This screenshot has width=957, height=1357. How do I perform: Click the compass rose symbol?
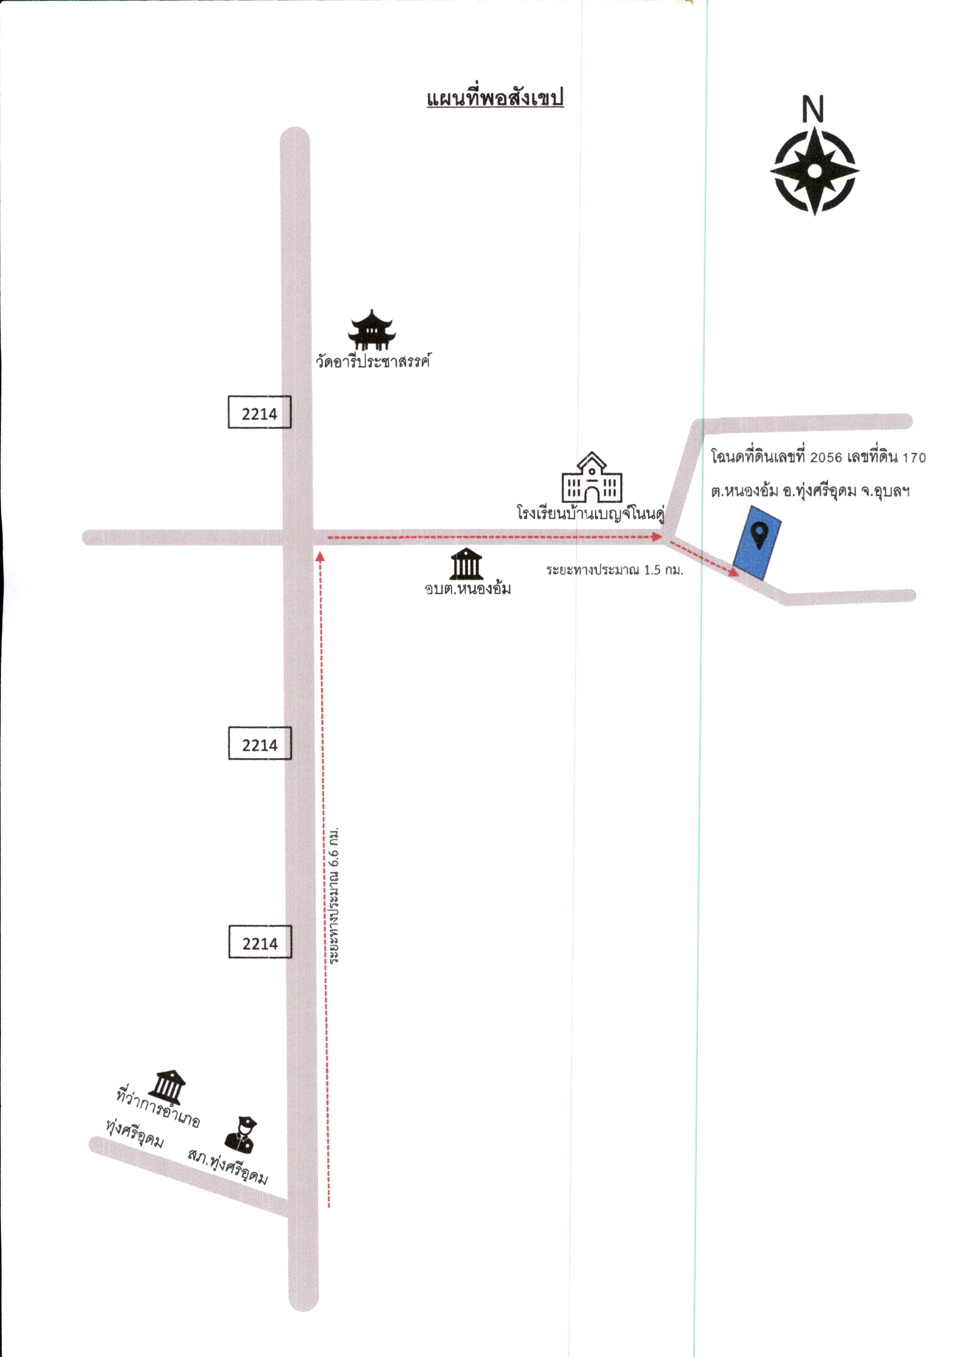pyautogui.click(x=814, y=171)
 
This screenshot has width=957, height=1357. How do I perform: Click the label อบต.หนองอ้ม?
pyautogui.click(x=468, y=588)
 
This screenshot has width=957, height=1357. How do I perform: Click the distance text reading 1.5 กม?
pyautogui.click(x=663, y=570)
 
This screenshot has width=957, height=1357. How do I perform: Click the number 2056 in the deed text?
pyautogui.click(x=826, y=458)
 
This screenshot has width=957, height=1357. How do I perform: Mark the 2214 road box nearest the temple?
pyautogui.click(x=259, y=412)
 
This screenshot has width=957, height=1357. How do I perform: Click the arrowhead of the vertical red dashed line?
pyautogui.click(x=320, y=556)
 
